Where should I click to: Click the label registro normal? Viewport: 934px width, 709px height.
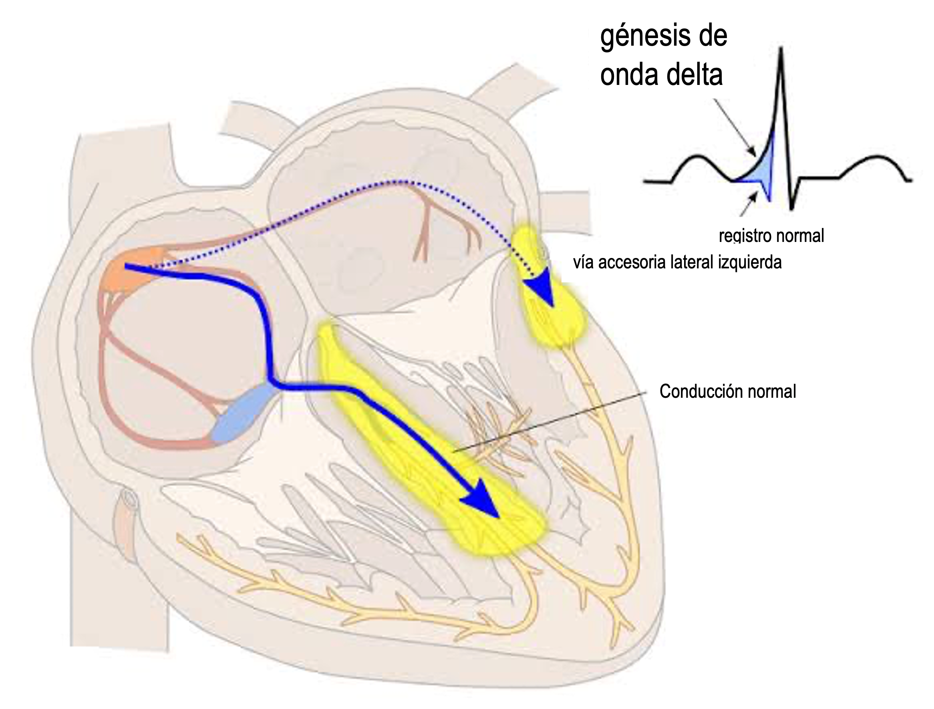coord(771,236)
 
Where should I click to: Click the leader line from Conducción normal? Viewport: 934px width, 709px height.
coord(549,422)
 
